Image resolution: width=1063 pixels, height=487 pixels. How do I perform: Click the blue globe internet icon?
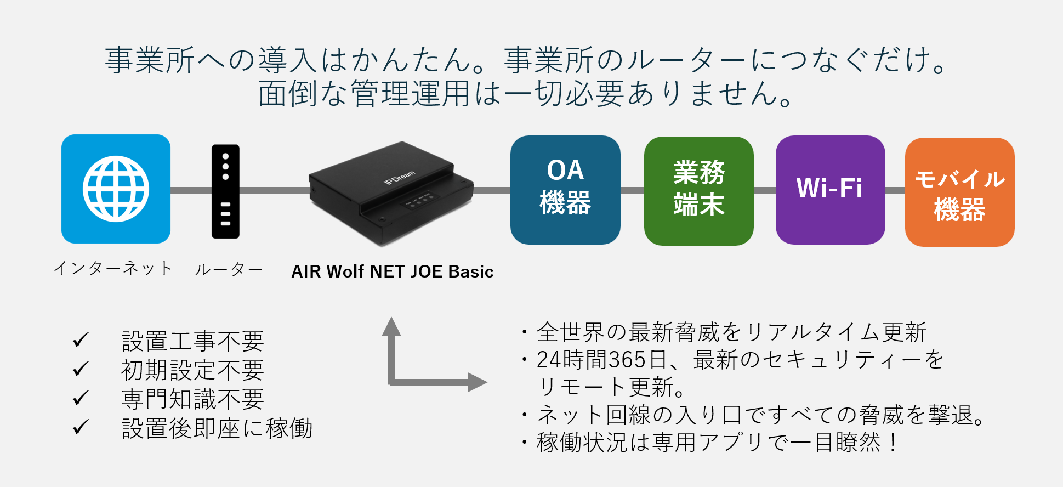point(116,189)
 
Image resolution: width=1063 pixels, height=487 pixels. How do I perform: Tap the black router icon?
point(225,191)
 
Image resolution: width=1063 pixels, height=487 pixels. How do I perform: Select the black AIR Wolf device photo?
point(391,192)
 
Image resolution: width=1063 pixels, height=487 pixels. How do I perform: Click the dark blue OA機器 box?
point(565,190)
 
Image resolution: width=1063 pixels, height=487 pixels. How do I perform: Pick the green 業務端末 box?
point(699,191)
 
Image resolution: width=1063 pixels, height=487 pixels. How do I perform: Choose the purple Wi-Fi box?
point(830,190)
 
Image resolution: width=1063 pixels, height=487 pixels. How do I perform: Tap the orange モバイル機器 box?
point(960,192)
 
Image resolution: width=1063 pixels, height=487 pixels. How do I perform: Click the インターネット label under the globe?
point(113,269)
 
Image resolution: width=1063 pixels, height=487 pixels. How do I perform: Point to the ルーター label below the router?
point(229,269)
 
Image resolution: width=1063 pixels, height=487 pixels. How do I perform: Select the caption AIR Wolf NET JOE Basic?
point(393,271)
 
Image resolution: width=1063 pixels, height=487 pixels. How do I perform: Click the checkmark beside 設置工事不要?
point(81,340)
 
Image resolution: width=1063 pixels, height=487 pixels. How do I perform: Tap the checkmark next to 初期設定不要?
point(81,369)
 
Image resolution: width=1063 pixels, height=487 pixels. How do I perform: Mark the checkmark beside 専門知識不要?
point(81,398)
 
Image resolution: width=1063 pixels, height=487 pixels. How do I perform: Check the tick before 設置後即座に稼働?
point(81,427)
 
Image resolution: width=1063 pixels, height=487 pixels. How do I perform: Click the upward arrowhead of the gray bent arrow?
point(391,326)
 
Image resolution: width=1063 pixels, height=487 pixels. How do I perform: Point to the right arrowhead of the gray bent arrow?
point(478,382)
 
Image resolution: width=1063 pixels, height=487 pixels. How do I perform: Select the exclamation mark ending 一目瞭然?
point(894,442)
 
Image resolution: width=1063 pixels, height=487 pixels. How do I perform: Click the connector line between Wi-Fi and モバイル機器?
point(895,190)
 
